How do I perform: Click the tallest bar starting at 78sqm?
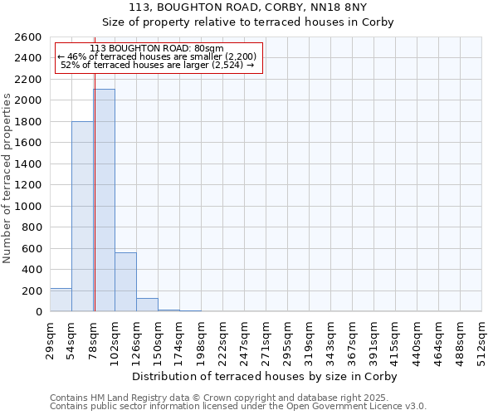click(104, 200)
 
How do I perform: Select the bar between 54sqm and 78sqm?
click(82, 216)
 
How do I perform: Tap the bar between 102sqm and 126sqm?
click(125, 281)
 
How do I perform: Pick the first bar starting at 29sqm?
click(61, 300)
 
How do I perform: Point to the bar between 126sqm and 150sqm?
click(147, 305)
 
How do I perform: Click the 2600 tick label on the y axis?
click(29, 37)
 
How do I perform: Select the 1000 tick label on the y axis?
click(29, 206)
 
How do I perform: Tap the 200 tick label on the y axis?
click(32, 290)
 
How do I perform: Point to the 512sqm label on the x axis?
click(482, 339)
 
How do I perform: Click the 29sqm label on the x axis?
click(51, 339)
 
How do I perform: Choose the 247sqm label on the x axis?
click(245, 339)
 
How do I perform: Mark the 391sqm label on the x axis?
click(374, 339)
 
